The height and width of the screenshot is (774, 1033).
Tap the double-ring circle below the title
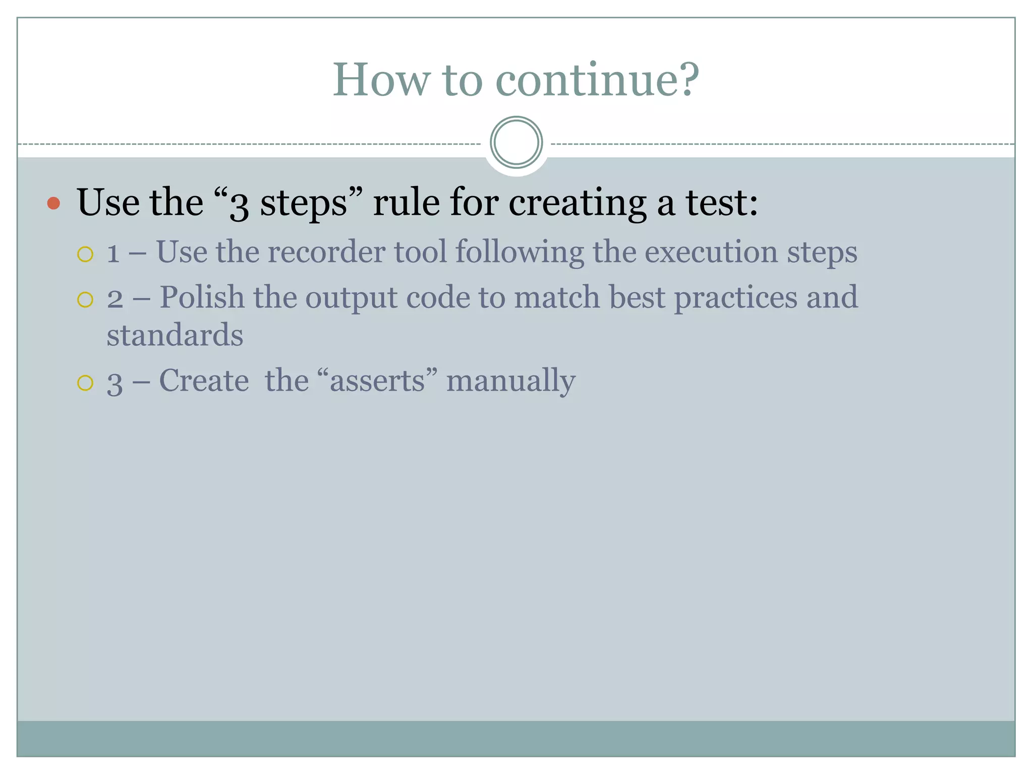tap(516, 143)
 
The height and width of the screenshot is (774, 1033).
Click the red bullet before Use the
tap(53, 203)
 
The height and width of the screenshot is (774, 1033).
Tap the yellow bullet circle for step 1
tap(85, 254)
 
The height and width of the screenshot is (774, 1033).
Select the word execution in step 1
tap(711, 252)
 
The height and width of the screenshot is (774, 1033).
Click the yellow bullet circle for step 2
tap(85, 299)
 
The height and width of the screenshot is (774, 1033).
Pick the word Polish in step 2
tap(202, 297)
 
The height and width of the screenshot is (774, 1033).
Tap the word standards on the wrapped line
tap(175, 336)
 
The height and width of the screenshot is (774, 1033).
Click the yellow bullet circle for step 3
tap(85, 383)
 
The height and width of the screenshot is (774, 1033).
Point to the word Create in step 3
tap(204, 380)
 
